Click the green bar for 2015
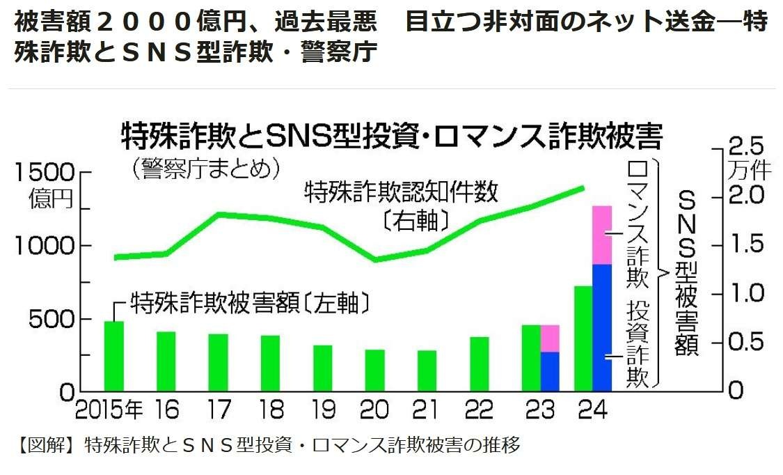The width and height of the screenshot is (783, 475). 114,356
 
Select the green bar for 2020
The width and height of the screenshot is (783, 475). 375,370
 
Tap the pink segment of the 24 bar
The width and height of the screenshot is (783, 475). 602,235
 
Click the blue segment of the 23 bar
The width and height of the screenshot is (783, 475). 550,371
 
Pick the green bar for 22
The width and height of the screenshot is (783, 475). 480,364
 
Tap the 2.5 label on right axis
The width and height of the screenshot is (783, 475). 745,148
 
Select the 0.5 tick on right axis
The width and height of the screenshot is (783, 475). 722,343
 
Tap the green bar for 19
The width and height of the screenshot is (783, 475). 323,368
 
